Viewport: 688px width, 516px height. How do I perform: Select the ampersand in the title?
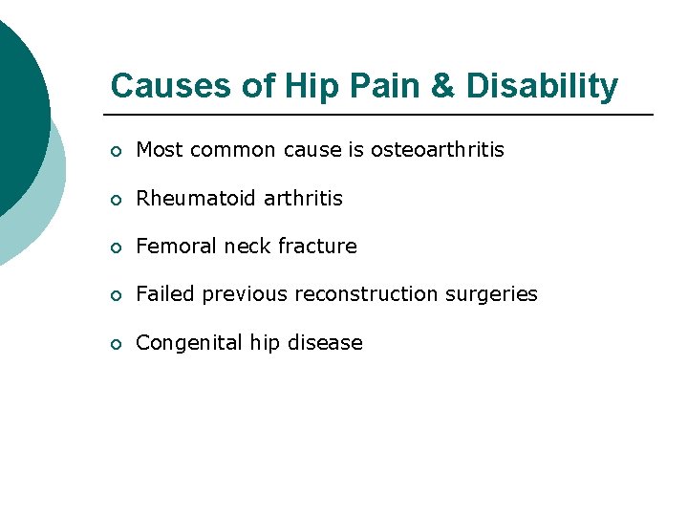point(442,86)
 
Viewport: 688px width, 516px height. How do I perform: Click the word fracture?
point(317,247)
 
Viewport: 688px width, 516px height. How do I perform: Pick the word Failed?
point(163,294)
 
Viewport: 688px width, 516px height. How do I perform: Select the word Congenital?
point(184,342)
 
